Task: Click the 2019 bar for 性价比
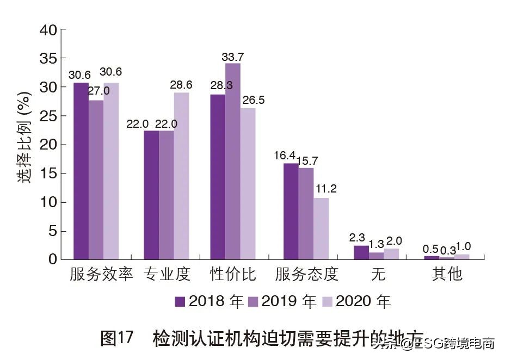233,161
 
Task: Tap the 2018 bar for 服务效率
81,171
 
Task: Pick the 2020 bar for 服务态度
321,228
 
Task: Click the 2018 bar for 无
361,252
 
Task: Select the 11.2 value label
325,189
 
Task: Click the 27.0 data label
98,91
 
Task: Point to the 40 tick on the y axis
48,30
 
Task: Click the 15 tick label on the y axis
48,173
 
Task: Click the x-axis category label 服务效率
101,274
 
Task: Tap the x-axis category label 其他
447,274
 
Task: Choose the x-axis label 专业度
167,274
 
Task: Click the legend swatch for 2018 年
180,301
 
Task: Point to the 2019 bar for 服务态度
306,213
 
